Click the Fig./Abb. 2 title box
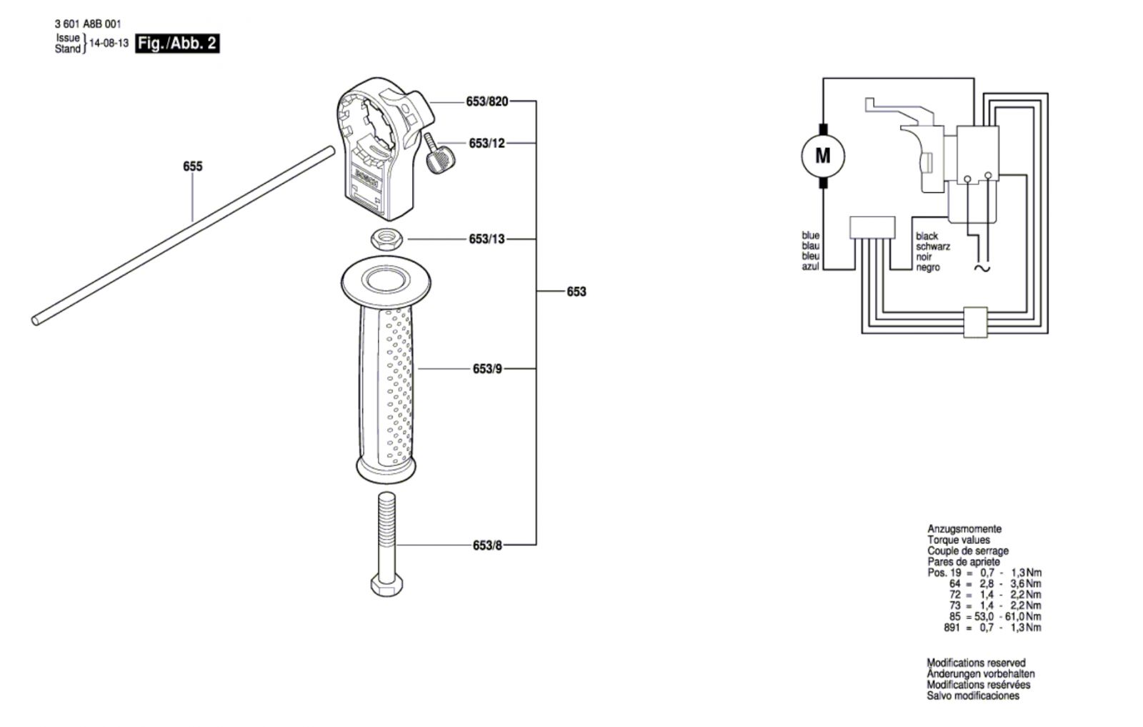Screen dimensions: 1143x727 178,44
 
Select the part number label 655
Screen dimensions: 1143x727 193,167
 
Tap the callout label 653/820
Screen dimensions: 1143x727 486,102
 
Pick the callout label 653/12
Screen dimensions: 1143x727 486,144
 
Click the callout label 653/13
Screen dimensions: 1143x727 486,239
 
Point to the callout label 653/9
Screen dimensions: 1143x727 487,369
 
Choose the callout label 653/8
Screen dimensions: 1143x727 487,545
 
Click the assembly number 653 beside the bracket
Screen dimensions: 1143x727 577,292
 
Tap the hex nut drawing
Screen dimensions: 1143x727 386,239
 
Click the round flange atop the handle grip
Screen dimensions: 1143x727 386,282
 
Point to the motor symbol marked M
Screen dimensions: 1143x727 822,156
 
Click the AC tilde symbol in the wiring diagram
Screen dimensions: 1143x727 982,269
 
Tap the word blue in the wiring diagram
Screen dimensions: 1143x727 810,235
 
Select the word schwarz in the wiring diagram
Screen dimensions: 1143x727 933,247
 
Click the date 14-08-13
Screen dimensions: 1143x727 109,44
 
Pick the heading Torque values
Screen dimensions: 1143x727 958,540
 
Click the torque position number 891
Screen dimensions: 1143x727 952,628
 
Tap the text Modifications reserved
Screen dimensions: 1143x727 976,663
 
